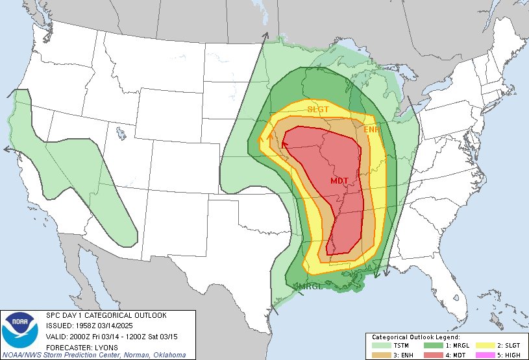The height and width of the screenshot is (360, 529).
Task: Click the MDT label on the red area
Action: (340, 180)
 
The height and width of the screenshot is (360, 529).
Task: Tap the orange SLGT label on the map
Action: (318, 109)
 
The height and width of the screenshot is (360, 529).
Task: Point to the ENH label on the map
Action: (373, 130)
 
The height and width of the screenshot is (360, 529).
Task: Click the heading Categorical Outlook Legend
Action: (416, 337)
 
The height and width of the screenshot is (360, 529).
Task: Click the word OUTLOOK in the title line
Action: (149, 315)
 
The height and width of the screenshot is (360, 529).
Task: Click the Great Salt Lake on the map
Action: (121, 134)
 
